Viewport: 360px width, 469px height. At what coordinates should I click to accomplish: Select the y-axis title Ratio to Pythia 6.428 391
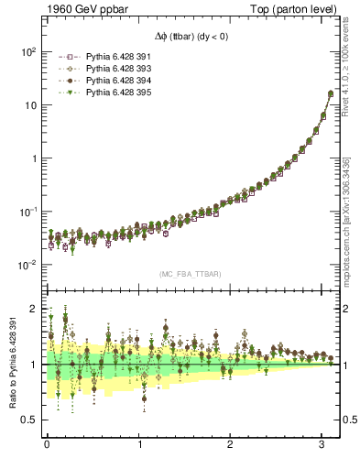(14, 370)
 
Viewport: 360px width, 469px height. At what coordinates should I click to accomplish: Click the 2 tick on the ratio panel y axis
(34, 309)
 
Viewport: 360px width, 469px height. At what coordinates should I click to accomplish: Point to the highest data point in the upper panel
(331, 93)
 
